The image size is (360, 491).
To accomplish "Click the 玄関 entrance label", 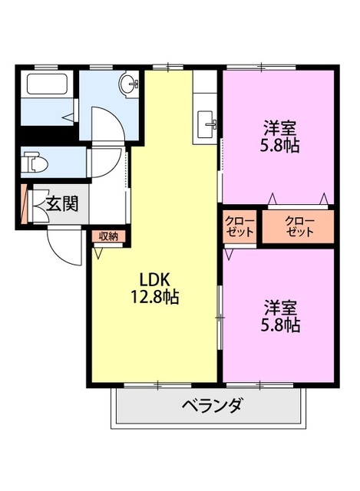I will tap(61, 204).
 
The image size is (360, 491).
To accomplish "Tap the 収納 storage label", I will tap(107, 236).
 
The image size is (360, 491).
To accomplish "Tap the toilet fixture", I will tap(34, 162).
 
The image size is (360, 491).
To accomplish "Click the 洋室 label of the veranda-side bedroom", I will tap(279, 307).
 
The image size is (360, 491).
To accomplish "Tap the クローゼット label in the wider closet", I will tap(299, 227).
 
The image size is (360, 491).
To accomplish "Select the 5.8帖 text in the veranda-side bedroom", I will tap(279, 325).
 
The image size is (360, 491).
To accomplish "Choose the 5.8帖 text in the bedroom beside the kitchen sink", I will tap(279, 145).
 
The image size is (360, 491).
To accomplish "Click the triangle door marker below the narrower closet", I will tap(228, 252).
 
